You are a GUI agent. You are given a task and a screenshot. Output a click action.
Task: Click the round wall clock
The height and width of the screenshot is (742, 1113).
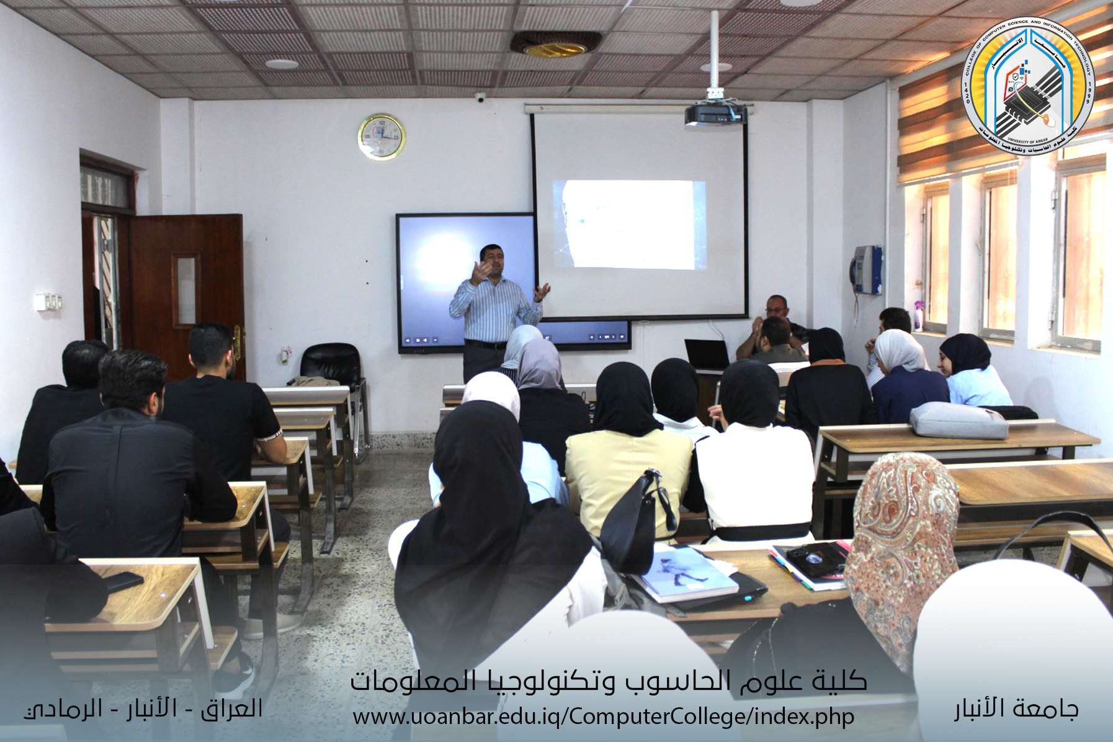pyautogui.click(x=382, y=137)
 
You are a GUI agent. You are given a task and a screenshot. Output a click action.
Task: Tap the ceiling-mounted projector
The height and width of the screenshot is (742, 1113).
pyautogui.click(x=715, y=114)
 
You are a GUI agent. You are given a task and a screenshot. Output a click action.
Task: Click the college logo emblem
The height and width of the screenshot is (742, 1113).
pyautogui.click(x=1027, y=86)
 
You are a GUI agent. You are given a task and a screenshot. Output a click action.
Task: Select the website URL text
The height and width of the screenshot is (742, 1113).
pyautogui.click(x=603, y=717)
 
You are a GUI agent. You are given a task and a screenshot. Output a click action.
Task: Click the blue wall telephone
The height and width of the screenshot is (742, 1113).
pyautogui.click(x=867, y=269)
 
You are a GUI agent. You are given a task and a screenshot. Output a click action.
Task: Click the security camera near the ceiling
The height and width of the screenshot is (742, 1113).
pyautogui.click(x=480, y=97)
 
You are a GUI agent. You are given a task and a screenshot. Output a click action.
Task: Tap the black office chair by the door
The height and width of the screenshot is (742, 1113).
pyautogui.click(x=333, y=363)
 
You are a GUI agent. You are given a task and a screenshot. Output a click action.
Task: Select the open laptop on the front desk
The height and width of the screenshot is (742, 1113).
pyautogui.click(x=707, y=355)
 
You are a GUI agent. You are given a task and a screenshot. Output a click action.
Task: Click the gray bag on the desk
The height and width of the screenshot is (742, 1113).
pyautogui.click(x=958, y=420)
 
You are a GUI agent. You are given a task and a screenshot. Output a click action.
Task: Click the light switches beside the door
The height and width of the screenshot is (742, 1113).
pyautogui.click(x=48, y=302)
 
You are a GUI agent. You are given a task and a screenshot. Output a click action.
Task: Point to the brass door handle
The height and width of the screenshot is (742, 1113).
pyautogui.click(x=237, y=341)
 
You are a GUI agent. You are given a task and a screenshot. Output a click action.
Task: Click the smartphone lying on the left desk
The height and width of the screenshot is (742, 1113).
pyautogui.click(x=123, y=581)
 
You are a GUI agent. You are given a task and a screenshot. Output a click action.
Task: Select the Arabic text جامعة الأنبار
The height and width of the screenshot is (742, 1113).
pyautogui.click(x=1016, y=708)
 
